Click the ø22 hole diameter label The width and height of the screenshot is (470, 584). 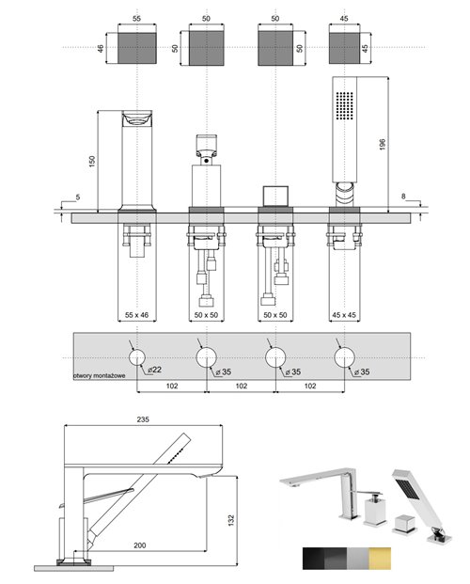coord(152,371)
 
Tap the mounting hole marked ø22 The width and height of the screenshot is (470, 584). coord(138,356)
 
